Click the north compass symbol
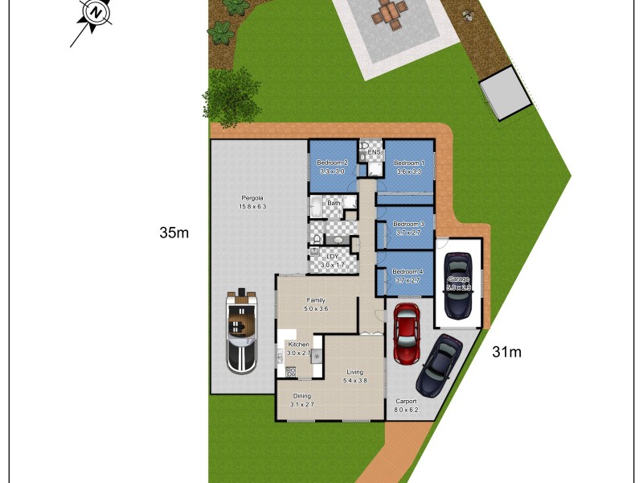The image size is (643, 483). click(x=96, y=14)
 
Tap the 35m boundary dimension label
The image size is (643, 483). click(x=174, y=233)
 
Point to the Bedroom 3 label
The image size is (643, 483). click(x=408, y=225)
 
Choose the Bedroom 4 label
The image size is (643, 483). click(x=408, y=272)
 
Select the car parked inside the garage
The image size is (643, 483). click(x=457, y=284)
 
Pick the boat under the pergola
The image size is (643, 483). click(x=241, y=330)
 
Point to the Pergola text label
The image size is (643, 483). click(x=252, y=198)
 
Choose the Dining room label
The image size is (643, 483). click(x=301, y=396)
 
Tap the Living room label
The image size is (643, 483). click(x=355, y=372)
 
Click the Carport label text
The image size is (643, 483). click(x=406, y=401)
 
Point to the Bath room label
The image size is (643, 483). click(x=333, y=204)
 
